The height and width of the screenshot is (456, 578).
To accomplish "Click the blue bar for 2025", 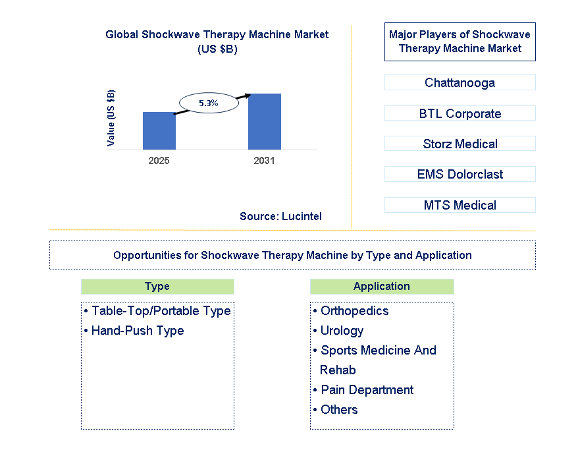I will (159, 130).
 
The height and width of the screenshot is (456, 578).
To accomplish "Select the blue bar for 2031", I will (264, 121).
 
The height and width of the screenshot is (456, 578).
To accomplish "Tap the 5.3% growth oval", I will (209, 103).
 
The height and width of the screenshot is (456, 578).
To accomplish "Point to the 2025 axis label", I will (159, 161).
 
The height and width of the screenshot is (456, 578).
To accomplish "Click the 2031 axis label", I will (264, 161).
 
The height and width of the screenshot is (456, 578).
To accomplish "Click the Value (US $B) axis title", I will (111, 117).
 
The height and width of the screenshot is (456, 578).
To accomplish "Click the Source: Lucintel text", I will (280, 216).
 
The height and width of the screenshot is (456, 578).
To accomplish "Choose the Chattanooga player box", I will (460, 82).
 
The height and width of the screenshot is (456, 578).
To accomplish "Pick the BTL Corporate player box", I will (460, 113).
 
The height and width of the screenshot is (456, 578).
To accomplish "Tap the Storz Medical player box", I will (460, 144).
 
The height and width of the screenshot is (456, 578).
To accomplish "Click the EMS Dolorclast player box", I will (460, 174).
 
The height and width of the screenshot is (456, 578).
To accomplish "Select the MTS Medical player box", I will (460, 205).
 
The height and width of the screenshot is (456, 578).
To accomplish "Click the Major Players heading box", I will (460, 42).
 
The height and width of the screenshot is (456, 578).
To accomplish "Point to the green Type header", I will (157, 286).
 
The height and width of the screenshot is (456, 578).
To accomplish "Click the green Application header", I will (382, 286).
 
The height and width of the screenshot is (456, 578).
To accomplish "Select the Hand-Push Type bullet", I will (137, 331).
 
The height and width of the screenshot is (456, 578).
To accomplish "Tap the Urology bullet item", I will (341, 331).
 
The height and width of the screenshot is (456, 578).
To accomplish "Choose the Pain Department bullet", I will (367, 390).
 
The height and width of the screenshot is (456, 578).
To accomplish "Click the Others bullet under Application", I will (338, 410).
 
